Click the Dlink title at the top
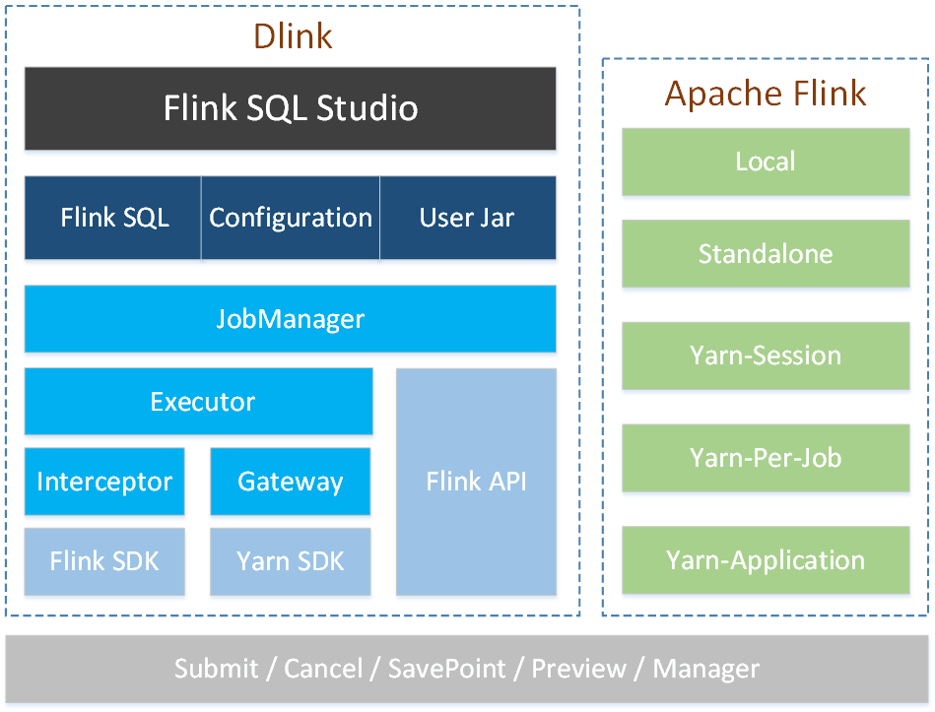(x=293, y=35)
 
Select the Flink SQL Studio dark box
(x=291, y=108)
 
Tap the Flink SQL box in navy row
(x=114, y=218)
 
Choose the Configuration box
(x=291, y=218)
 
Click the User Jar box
(x=467, y=218)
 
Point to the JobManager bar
(x=291, y=319)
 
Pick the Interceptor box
(x=104, y=482)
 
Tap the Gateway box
(x=291, y=482)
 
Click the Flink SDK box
(x=104, y=561)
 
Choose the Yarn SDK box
(x=291, y=561)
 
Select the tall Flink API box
(x=477, y=482)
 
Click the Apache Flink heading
(x=766, y=94)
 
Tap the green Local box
(x=766, y=162)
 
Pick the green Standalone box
(x=766, y=254)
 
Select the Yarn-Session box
(x=766, y=356)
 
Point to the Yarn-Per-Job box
(x=766, y=458)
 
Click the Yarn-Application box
(x=766, y=560)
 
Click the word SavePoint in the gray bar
(x=446, y=669)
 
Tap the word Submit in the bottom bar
(x=217, y=669)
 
